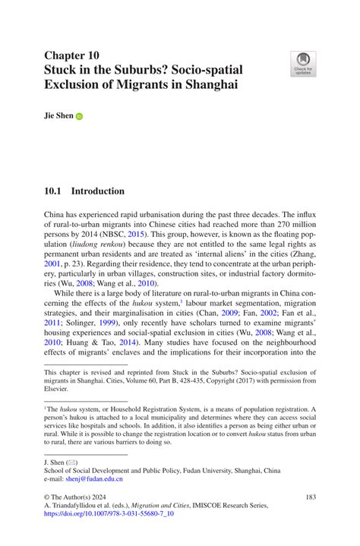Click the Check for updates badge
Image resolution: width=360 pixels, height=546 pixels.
pos(303,64)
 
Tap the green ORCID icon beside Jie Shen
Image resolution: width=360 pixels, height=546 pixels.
pos(79,117)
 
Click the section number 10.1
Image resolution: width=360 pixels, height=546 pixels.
pos(52,191)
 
